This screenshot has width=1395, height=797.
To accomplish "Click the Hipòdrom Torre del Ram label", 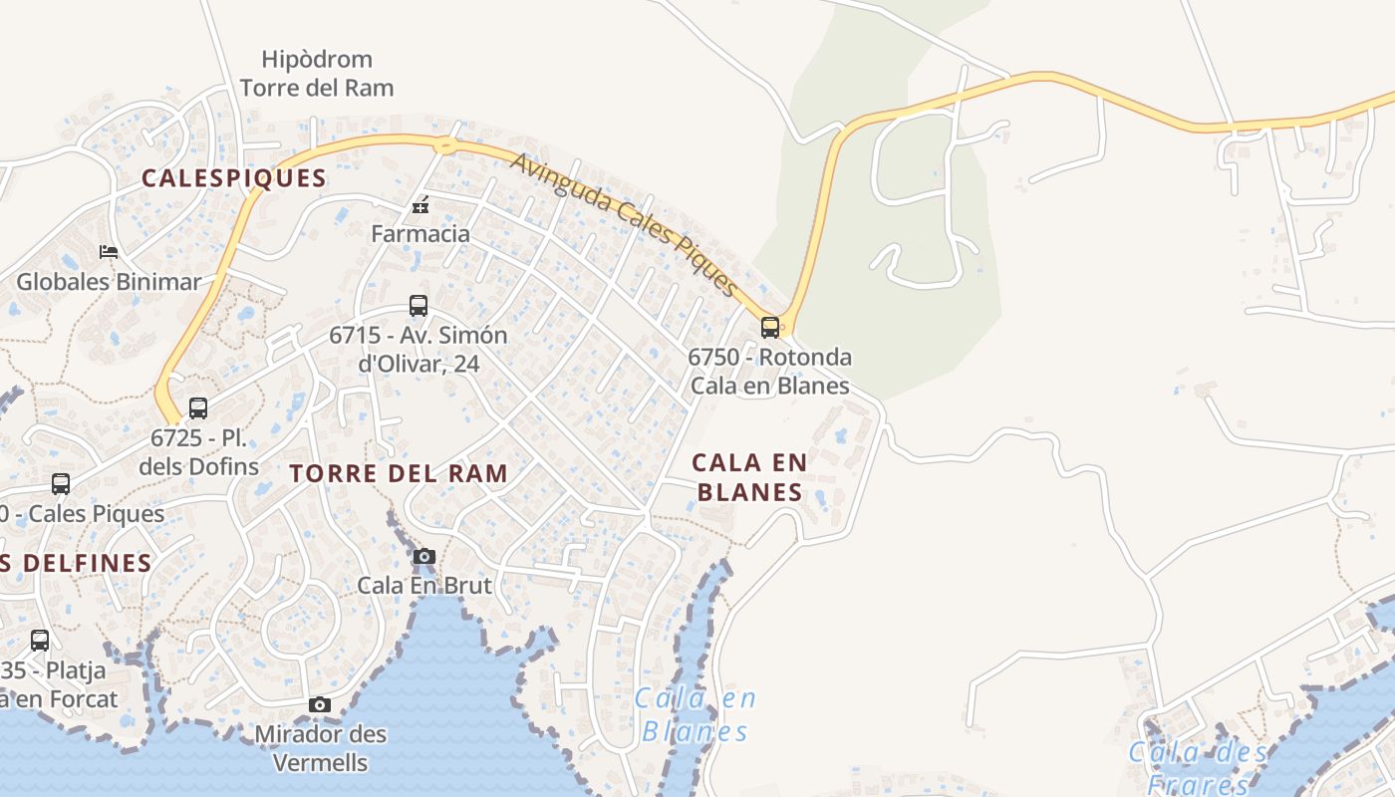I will click(x=317, y=74).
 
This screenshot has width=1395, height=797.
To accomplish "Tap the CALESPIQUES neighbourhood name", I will click(x=234, y=178).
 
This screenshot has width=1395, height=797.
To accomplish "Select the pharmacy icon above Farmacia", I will click(x=420, y=206).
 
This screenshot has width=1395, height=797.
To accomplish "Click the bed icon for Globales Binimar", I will click(x=109, y=252).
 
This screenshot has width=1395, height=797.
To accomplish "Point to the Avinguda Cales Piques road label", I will click(x=625, y=224).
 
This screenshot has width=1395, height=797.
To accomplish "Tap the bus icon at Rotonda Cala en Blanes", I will click(x=769, y=327).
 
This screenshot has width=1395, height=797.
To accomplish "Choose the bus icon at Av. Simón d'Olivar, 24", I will click(x=418, y=306).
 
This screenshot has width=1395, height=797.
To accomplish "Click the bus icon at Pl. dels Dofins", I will click(x=198, y=407).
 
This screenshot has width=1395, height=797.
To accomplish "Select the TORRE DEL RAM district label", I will click(x=399, y=473).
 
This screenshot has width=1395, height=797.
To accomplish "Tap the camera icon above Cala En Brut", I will click(x=424, y=556).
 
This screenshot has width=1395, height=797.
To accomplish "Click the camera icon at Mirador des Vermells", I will click(x=320, y=705).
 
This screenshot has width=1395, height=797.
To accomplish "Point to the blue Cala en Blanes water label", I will click(x=695, y=715).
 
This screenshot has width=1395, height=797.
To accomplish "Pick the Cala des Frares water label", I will click(x=1198, y=767).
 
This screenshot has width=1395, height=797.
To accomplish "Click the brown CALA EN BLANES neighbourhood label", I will click(x=749, y=476).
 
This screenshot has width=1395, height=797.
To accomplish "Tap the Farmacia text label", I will click(x=420, y=234).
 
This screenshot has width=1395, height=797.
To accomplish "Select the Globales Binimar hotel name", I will click(x=109, y=282).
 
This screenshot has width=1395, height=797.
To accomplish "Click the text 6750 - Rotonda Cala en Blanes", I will click(x=769, y=371).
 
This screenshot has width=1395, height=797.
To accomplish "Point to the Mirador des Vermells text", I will click(x=320, y=748).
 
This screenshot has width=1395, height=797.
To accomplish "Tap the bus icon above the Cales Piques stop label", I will click(x=61, y=484).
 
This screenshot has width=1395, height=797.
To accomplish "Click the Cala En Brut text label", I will click(x=424, y=585).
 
